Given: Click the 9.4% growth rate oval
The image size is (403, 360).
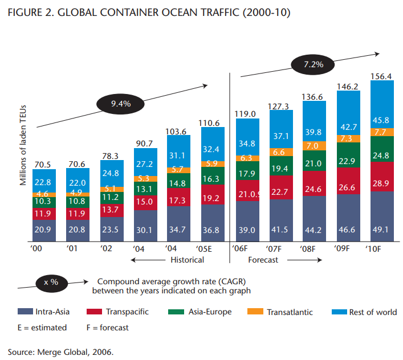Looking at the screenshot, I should click(x=121, y=104).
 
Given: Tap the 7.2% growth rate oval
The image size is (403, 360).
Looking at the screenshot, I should click(x=314, y=64).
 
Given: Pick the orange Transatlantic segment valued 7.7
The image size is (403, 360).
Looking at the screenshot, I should click(x=381, y=132).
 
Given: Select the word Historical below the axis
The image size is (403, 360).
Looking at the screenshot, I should click(x=188, y=260).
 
